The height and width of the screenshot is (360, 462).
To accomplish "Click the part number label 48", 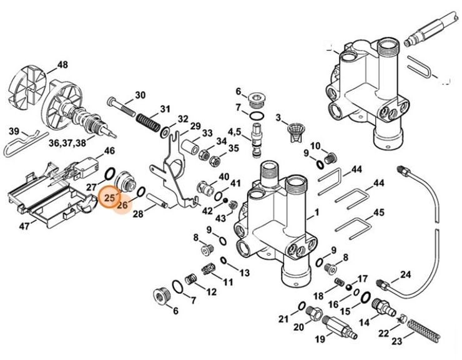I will (62, 65).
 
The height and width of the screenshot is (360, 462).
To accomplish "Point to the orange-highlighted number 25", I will (110, 198).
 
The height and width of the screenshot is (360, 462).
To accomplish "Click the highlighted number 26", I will (122, 204).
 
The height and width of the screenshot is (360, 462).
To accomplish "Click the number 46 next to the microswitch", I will (109, 151).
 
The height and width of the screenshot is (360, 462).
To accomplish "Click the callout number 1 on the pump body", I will (317, 213).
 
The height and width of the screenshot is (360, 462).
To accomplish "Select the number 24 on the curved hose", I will (405, 275).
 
